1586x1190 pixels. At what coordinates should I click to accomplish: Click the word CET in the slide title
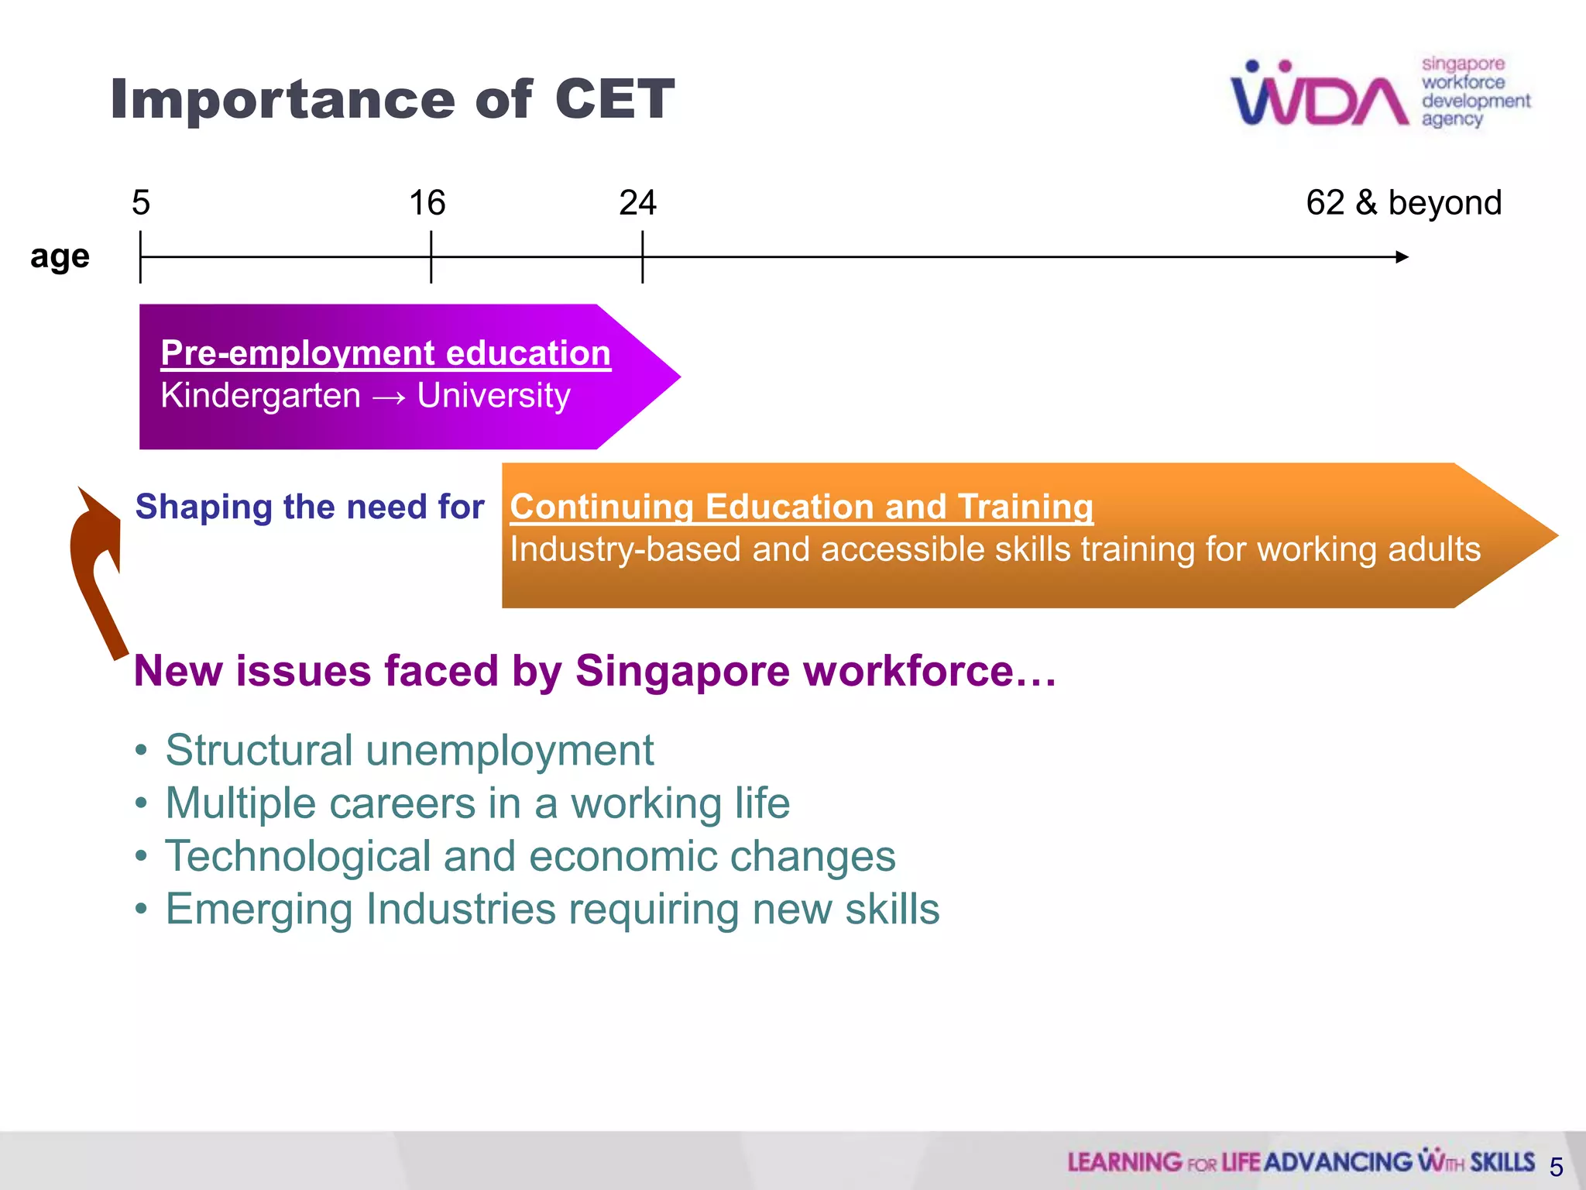(614, 99)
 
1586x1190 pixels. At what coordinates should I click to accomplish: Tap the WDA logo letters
(1320, 97)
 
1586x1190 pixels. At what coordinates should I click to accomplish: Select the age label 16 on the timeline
(427, 203)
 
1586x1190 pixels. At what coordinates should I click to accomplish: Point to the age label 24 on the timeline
(638, 203)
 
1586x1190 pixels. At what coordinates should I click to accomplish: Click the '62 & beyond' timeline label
(1403, 203)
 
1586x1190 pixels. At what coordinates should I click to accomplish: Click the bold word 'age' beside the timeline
(60, 256)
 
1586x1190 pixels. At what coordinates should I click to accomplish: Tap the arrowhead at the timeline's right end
(1402, 256)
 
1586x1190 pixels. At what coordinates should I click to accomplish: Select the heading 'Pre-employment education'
(386, 353)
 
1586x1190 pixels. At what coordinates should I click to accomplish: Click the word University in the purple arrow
(493, 396)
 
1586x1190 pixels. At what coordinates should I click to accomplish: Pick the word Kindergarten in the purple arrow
(260, 396)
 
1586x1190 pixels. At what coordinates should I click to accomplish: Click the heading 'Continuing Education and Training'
(802, 507)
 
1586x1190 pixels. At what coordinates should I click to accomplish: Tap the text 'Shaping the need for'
(310, 507)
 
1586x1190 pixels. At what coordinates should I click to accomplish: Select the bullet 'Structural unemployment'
(409, 751)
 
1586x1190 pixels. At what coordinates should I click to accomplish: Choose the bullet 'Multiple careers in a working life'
(477, 803)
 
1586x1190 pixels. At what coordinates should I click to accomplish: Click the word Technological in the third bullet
(297, 857)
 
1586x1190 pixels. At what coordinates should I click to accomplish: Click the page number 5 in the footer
(1556, 1167)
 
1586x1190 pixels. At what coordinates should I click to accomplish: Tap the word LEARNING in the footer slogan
(1124, 1162)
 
